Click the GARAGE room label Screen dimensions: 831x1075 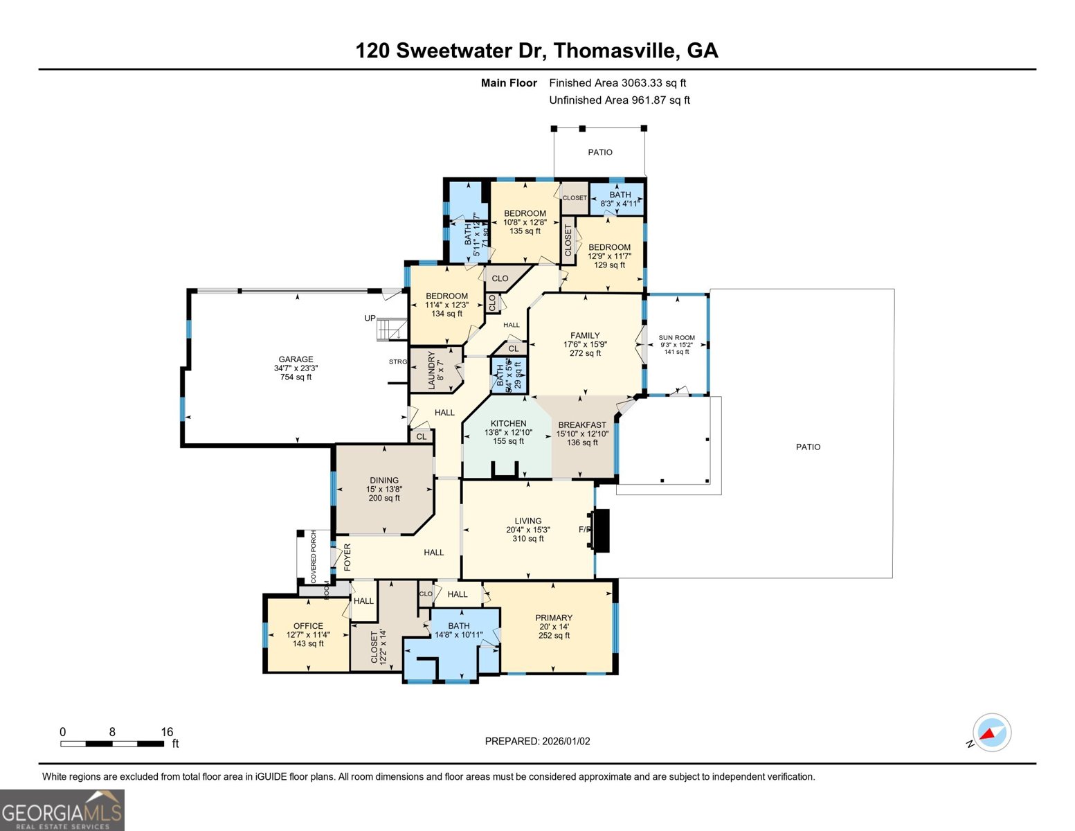point(296,359)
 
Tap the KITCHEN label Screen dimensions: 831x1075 point(508,424)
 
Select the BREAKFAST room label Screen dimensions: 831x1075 point(582,425)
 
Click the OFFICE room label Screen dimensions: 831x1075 point(308,626)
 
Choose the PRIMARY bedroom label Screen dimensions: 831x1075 point(554,618)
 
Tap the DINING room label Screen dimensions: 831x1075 point(383,481)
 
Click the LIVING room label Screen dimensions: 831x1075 point(527,521)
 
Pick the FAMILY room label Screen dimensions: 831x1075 point(585,336)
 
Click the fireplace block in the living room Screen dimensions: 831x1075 point(601,530)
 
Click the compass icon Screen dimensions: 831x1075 point(991,733)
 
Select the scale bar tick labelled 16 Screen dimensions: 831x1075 point(167,732)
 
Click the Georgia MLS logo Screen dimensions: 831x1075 point(62,810)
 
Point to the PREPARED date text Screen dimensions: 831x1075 point(537,741)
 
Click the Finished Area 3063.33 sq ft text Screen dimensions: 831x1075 point(617,83)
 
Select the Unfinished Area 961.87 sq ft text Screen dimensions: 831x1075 point(620,100)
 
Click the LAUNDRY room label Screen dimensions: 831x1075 point(431,370)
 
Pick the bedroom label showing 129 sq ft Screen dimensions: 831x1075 point(609,247)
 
